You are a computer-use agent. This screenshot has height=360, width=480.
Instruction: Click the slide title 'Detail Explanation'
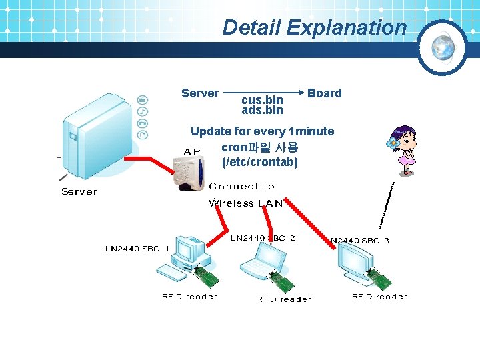coord(314,27)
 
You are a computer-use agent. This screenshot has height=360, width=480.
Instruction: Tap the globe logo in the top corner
coord(443,47)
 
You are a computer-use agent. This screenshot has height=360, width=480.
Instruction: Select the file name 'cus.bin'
coord(262,100)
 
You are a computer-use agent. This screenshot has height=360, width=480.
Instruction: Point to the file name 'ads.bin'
coord(262,110)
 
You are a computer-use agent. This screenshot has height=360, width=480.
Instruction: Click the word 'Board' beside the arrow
coord(324,93)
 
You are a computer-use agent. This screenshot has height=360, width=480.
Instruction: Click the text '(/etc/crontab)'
coord(259,162)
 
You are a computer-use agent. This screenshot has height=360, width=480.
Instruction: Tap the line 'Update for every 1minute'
coord(262,131)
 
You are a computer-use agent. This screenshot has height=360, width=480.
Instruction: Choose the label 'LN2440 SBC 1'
coord(137,249)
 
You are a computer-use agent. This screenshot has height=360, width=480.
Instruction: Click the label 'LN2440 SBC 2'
coord(263,238)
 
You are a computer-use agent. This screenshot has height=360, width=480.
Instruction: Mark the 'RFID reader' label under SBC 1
coord(189,297)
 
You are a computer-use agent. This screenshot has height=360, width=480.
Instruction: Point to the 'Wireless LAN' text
coord(246,203)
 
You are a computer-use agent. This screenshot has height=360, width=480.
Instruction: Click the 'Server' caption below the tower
coord(79,192)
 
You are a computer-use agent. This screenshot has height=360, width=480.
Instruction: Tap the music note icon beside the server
coord(142,111)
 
